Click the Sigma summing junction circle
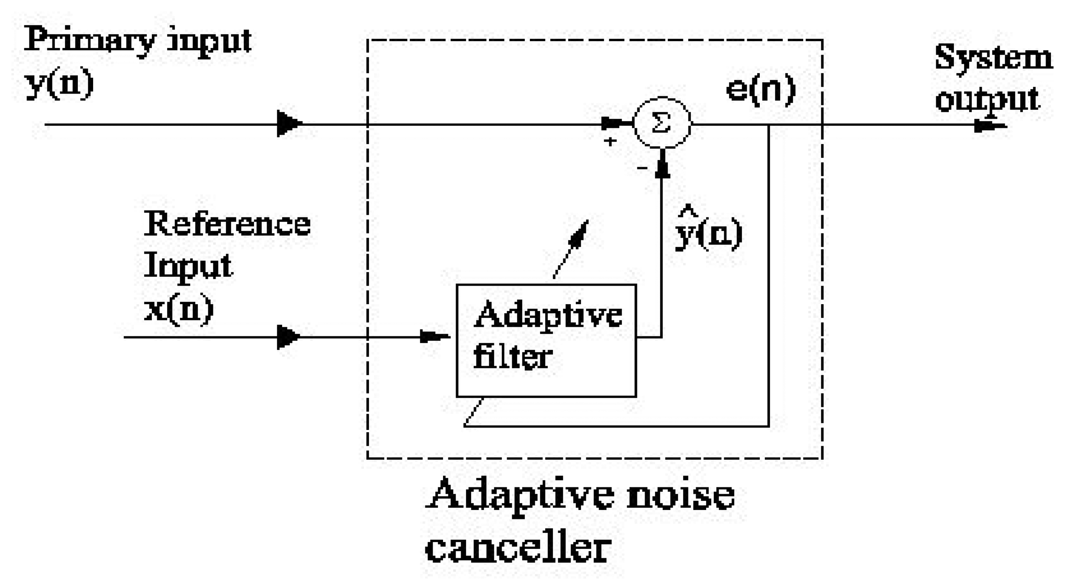(x=662, y=123)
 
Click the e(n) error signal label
(x=760, y=89)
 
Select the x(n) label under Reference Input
(x=179, y=310)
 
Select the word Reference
(x=227, y=224)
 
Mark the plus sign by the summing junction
(x=610, y=141)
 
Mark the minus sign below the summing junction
(x=642, y=168)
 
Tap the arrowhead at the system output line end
(x=990, y=127)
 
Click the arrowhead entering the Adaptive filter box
(x=434, y=336)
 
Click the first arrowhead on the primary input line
(x=288, y=123)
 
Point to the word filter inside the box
(x=512, y=357)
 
